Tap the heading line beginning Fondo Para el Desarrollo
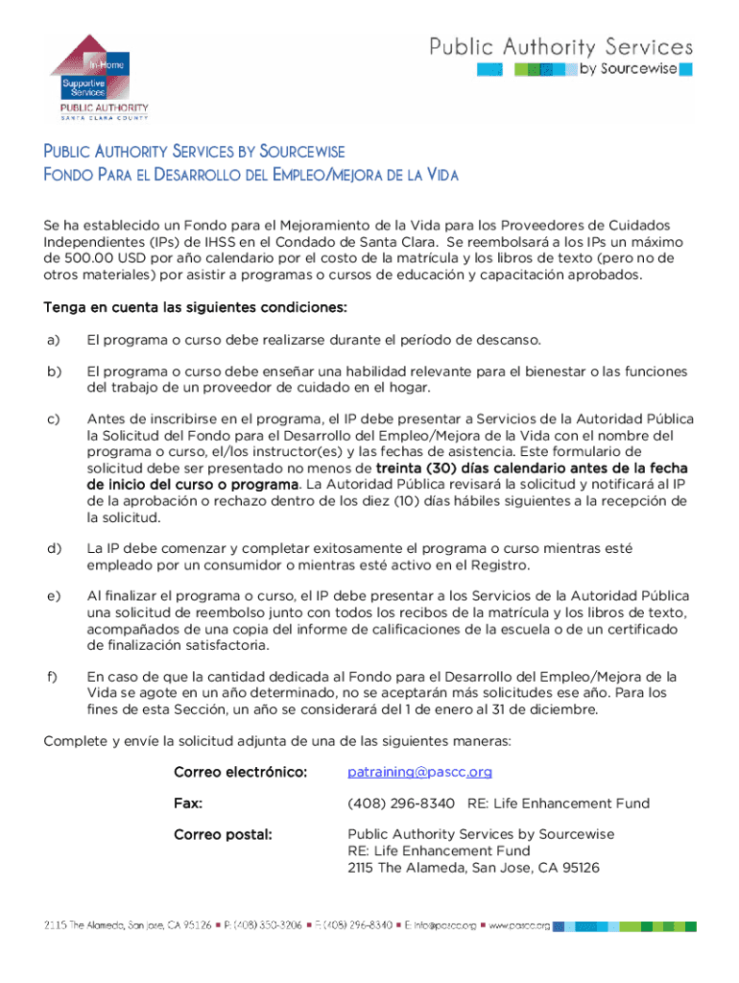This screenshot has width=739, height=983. [250, 175]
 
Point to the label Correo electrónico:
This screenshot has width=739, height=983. [240, 772]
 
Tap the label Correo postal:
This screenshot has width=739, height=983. [223, 834]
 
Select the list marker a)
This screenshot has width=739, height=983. [52, 340]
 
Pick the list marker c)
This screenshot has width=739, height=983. [52, 419]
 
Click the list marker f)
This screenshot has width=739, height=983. [50, 677]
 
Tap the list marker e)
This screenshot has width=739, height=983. [52, 596]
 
